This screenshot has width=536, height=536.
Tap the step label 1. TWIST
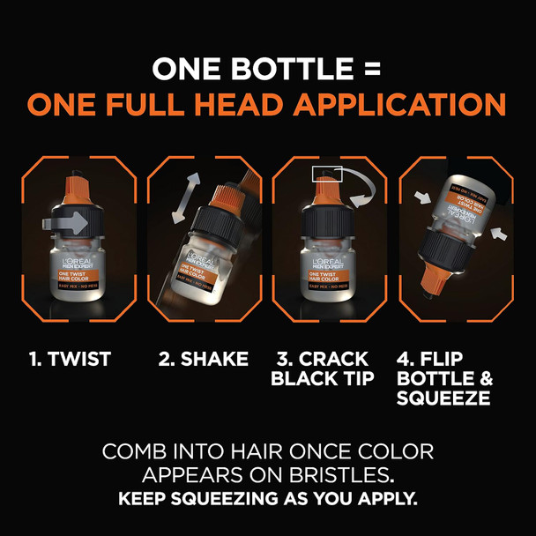click(x=71, y=359)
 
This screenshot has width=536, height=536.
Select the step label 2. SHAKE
click(x=203, y=359)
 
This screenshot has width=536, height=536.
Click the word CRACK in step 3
click(x=337, y=359)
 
